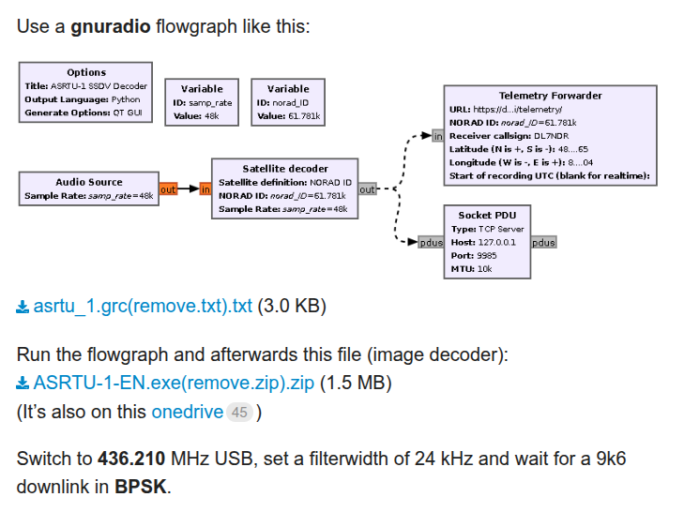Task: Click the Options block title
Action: (x=86, y=72)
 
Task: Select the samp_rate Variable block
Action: (x=202, y=102)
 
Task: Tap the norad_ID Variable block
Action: (x=288, y=102)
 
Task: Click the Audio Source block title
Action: (x=89, y=182)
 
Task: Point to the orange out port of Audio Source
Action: (x=168, y=189)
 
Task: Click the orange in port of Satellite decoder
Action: (x=205, y=189)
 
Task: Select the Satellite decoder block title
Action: (x=284, y=169)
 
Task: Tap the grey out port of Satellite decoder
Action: (x=367, y=189)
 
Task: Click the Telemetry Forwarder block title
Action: (x=550, y=96)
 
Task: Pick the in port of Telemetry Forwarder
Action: (x=437, y=136)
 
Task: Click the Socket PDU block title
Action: (x=487, y=215)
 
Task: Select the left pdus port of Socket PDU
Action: (x=432, y=242)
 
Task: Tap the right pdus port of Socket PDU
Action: (x=543, y=242)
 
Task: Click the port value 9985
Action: (x=485, y=255)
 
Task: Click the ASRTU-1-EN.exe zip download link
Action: (x=173, y=383)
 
